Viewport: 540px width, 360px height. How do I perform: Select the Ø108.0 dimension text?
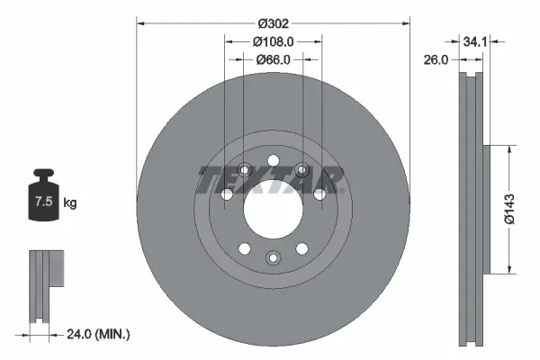[273, 41]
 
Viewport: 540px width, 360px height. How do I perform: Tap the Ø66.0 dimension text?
[273, 59]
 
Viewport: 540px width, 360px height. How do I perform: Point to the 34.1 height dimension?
[477, 40]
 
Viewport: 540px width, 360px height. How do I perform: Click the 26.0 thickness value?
[436, 61]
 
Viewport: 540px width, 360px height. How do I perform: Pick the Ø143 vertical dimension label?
[508, 208]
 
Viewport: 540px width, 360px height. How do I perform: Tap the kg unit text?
[70, 203]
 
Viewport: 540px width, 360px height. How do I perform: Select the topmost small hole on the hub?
[272, 154]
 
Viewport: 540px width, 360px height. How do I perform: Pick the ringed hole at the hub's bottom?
[272, 258]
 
